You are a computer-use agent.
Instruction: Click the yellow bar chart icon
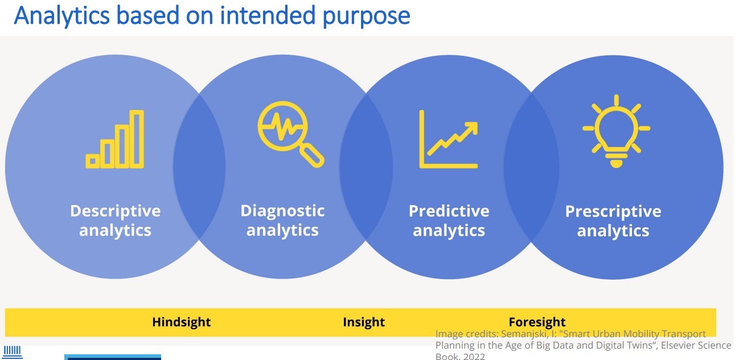coord(115,140)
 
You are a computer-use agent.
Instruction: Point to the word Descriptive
coord(115,211)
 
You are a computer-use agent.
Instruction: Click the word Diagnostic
coord(282,211)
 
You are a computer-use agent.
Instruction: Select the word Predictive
coord(449,211)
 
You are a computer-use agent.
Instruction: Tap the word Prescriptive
coord(613,211)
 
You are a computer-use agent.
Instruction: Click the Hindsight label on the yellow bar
coord(181,322)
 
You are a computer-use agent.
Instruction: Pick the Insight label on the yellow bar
coord(364,322)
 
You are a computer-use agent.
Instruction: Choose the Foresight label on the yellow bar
coord(537,322)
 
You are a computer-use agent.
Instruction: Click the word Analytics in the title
coord(63,15)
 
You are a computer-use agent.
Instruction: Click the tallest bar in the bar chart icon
coord(137,140)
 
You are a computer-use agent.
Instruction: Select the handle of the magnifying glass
coord(312,155)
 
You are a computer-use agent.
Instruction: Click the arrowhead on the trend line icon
coord(471,128)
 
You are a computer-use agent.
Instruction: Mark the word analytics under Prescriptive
coord(613,231)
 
